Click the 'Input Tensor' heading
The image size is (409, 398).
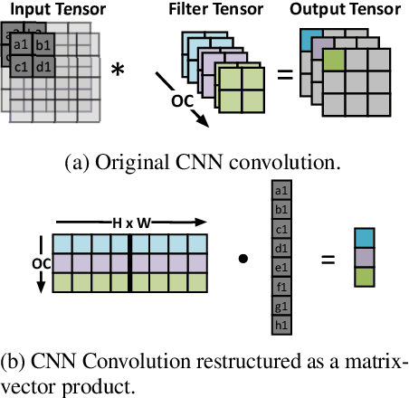(56, 11)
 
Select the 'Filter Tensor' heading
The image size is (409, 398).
(203, 11)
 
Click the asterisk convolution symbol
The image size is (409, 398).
(118, 70)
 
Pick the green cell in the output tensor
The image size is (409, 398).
(335, 62)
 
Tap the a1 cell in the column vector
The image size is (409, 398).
(281, 192)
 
